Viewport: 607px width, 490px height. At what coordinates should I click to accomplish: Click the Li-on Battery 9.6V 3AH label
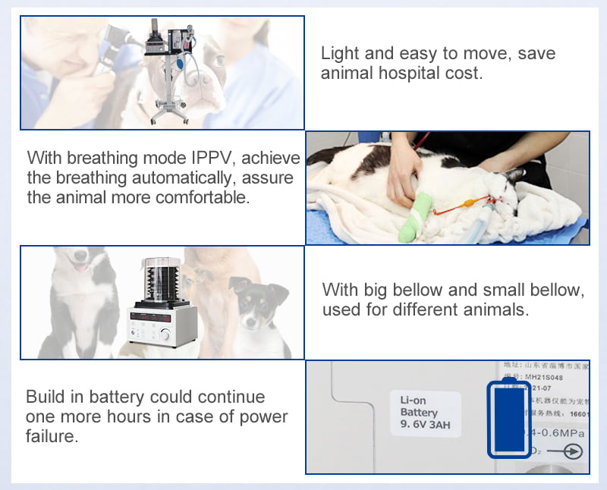(x=425, y=412)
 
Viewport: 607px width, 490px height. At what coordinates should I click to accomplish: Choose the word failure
(x=52, y=436)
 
